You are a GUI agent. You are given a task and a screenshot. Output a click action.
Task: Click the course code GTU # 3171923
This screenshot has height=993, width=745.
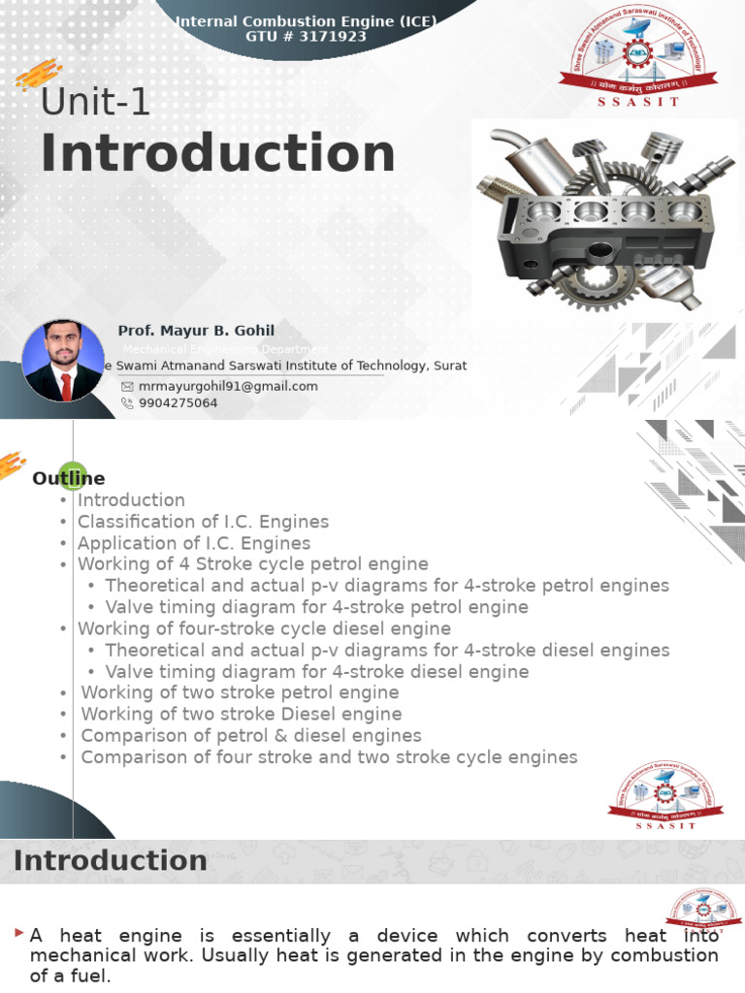click(307, 37)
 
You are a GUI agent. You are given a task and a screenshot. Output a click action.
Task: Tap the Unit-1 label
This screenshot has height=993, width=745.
click(95, 102)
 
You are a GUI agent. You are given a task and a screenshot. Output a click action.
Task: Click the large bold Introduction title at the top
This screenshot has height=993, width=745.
click(217, 154)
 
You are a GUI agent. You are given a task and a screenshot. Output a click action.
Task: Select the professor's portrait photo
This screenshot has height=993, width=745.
click(63, 361)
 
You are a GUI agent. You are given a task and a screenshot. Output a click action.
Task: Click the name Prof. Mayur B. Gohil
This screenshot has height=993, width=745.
click(196, 331)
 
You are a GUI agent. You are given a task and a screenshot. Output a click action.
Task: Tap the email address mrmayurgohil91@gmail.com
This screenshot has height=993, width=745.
click(228, 386)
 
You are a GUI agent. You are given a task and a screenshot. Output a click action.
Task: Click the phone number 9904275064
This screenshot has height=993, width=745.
click(178, 402)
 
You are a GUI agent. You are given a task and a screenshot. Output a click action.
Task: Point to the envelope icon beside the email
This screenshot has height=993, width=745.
click(127, 386)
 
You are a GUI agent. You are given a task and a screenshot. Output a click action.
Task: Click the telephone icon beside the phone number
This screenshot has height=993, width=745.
click(127, 402)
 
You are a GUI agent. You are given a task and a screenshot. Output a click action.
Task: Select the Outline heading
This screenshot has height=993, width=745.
click(69, 478)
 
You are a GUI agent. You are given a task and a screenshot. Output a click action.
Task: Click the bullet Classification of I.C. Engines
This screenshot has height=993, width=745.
click(203, 522)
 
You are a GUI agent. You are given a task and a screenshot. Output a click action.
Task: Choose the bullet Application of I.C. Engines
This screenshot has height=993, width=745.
click(194, 543)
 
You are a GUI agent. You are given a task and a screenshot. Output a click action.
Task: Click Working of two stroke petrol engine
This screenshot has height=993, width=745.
click(240, 692)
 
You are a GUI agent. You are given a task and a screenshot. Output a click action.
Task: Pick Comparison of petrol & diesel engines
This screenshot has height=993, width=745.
click(251, 735)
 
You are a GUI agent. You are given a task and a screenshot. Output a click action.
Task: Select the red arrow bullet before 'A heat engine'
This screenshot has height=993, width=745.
click(19, 933)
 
